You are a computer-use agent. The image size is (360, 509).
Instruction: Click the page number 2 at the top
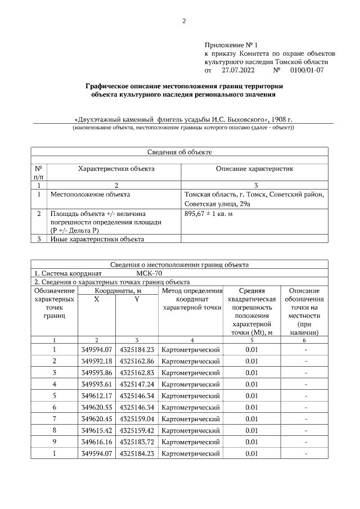pos(183,21)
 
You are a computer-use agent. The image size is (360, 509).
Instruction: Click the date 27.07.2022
pos(238,70)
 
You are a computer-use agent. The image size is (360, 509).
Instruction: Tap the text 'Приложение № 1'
pos(231,44)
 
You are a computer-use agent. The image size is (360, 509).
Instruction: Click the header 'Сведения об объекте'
pos(179,152)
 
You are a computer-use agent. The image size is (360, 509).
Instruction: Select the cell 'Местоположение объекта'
pos(90,195)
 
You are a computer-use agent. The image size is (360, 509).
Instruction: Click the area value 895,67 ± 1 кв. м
pos(209,214)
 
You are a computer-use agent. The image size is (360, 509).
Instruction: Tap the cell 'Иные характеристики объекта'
pos(97,240)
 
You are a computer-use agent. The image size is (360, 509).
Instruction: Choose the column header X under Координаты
pos(97,299)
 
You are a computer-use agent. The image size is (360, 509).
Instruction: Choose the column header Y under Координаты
pos(136,299)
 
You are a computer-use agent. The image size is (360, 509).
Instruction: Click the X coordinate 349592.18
pos(97,361)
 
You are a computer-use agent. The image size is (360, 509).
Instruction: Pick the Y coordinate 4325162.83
pos(137,372)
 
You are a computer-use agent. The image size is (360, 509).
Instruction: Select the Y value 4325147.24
pos(137,384)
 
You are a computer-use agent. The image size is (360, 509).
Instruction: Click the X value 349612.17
pos(97,395)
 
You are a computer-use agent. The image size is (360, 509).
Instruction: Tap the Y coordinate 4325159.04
pos(137,418)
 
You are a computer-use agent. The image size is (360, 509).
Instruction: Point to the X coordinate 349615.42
pos(97,430)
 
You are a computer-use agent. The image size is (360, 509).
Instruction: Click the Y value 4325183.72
pos(137,442)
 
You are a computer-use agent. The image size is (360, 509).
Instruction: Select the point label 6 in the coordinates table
pos(55,407)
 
